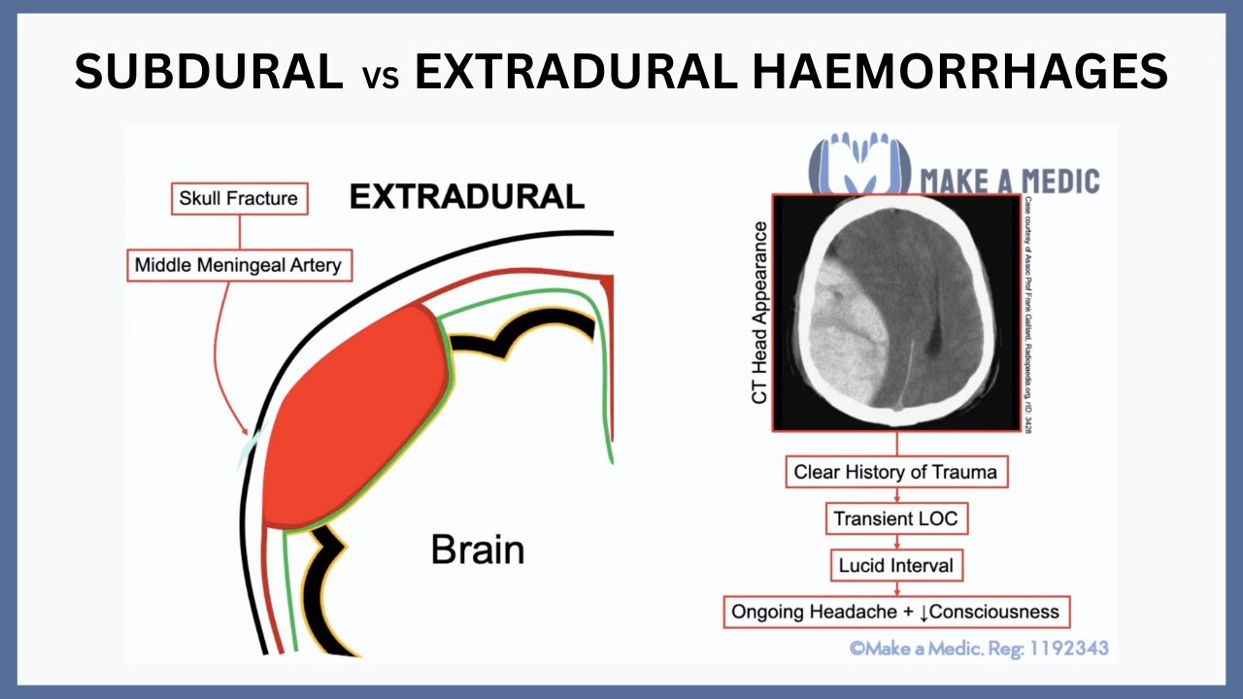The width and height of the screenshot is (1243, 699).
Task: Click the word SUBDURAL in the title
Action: (x=209, y=72)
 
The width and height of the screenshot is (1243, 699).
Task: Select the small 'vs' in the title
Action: (x=379, y=77)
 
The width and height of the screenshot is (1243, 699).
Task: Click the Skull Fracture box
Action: (x=239, y=199)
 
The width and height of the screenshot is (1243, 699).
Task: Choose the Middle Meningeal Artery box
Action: (x=239, y=265)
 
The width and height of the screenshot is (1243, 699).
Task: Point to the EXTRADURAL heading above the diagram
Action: (x=467, y=197)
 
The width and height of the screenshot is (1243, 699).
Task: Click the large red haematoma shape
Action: (x=354, y=417)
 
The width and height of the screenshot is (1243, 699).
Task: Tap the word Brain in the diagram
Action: (x=478, y=549)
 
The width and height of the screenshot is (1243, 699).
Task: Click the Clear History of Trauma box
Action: (x=895, y=473)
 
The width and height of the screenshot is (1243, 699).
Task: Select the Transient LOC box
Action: (x=895, y=518)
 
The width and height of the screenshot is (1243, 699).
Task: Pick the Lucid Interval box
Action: (x=895, y=564)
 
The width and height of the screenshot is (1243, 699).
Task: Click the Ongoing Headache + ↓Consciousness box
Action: (x=895, y=613)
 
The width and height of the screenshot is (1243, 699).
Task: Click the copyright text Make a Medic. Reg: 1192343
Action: (x=979, y=648)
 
